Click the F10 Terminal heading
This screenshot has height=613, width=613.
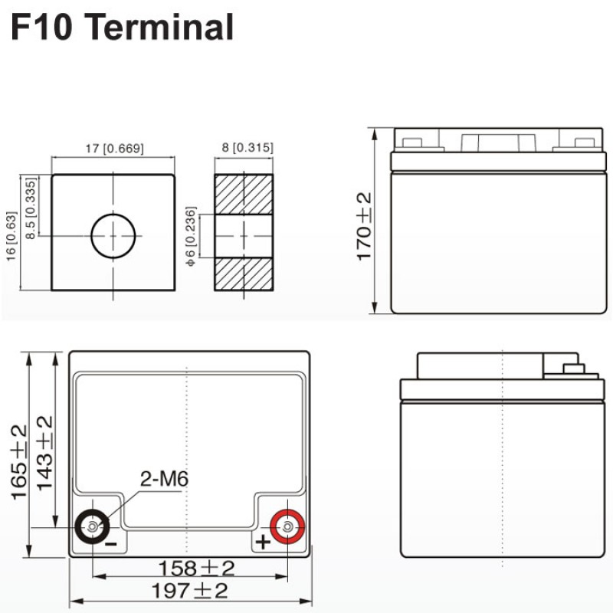click(123, 27)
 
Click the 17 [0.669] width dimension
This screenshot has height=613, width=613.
click(114, 149)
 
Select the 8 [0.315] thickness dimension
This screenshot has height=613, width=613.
click(247, 147)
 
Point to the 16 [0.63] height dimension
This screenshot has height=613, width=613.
click(11, 237)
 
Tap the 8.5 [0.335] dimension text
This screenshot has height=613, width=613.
click(31, 208)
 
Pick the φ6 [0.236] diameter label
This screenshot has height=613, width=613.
click(190, 237)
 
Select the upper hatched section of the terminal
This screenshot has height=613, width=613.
click(244, 195)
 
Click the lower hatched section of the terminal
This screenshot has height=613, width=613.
click(244, 274)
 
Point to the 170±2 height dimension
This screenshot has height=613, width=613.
click(364, 226)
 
